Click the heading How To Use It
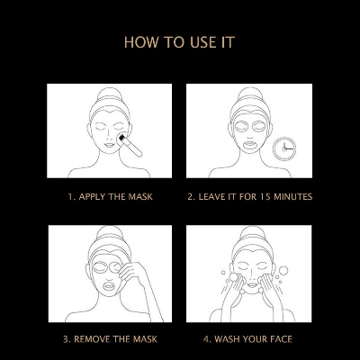coord(179,42)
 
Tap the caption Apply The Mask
coord(110,197)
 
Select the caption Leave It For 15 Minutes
coord(250,197)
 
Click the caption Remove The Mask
coord(110,339)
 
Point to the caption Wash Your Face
coord(247,339)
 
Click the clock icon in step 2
coord(284,148)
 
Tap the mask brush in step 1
coord(130,145)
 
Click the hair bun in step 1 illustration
coord(110,94)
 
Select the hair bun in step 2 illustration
coord(250,94)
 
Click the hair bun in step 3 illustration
coord(111,233)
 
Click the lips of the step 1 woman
coord(110,146)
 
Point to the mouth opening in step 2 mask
coord(250,145)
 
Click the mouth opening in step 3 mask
coord(109,285)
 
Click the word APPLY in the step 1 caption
coord(92,197)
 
